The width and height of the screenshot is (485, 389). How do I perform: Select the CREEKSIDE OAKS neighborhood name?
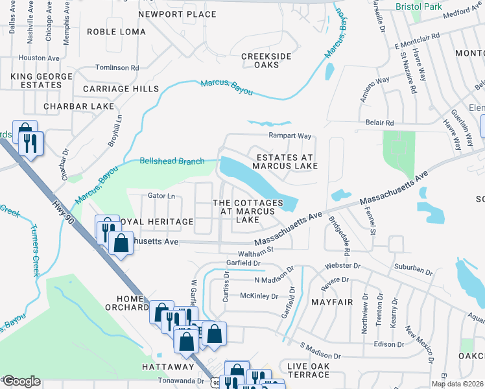coord(266,61)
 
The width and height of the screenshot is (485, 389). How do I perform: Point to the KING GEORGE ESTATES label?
coord(31,80)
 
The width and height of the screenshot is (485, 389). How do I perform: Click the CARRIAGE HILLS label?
coord(121,88)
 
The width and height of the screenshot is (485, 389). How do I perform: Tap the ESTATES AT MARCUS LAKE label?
coord(285,161)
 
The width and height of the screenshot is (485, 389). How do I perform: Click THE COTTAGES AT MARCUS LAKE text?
coord(248,211)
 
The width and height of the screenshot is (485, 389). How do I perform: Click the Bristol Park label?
coord(419,6)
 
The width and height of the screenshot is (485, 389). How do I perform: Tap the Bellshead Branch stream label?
coord(172,161)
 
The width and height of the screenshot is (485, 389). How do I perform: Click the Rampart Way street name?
coord(290,136)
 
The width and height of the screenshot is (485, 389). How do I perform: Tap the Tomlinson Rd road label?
coord(117,67)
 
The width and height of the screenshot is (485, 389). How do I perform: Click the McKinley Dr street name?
coord(259,296)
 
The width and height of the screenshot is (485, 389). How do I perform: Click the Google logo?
coord(21,381)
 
